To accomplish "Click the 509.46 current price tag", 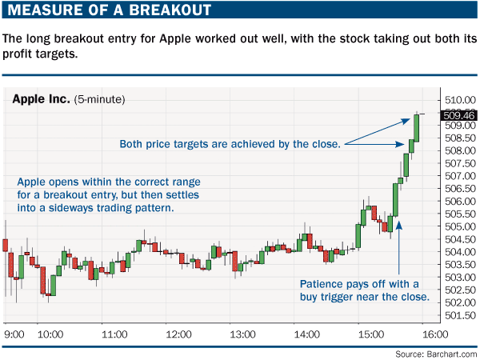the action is click(x=458, y=115).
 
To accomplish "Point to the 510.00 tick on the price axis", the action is click(x=460, y=100).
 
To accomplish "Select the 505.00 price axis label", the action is click(x=460, y=226).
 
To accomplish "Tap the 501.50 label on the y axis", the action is click(x=460, y=315).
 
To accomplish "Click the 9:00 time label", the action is click(x=14, y=334).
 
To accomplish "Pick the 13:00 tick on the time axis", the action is click(x=242, y=334).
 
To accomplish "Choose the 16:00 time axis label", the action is click(x=435, y=334).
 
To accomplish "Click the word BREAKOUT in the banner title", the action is click(x=170, y=10).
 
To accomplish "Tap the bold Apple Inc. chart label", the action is click(x=41, y=99).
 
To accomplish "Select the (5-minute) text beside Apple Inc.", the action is click(x=99, y=99).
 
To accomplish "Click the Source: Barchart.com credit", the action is click(x=436, y=354).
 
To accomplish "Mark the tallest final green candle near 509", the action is click(x=416, y=128).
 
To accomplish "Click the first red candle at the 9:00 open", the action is click(x=6, y=246).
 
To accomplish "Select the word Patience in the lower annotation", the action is click(x=321, y=284).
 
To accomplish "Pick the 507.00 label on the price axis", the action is click(x=460, y=176).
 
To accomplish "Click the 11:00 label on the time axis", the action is click(x=114, y=334).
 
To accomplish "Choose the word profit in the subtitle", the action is click(x=18, y=54).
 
